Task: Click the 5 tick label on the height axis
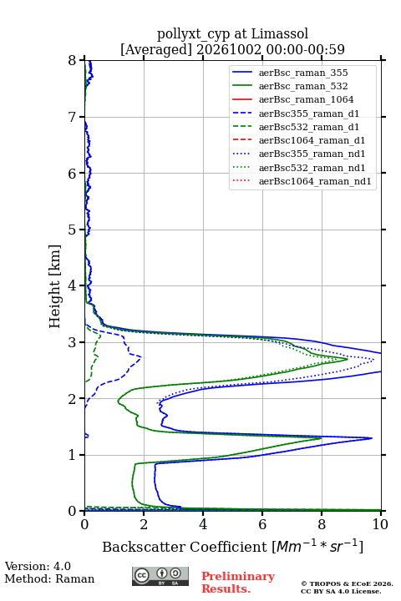click(73, 230)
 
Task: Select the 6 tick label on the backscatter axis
click(262, 524)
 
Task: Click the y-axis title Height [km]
click(55, 286)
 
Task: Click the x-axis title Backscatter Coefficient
click(185, 547)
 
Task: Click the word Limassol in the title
click(280, 34)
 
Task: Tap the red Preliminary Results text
click(238, 583)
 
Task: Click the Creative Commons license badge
click(160, 577)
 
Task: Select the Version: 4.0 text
click(38, 566)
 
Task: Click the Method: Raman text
click(49, 578)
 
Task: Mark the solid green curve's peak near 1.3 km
click(322, 438)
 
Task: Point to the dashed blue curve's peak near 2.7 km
click(141, 357)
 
